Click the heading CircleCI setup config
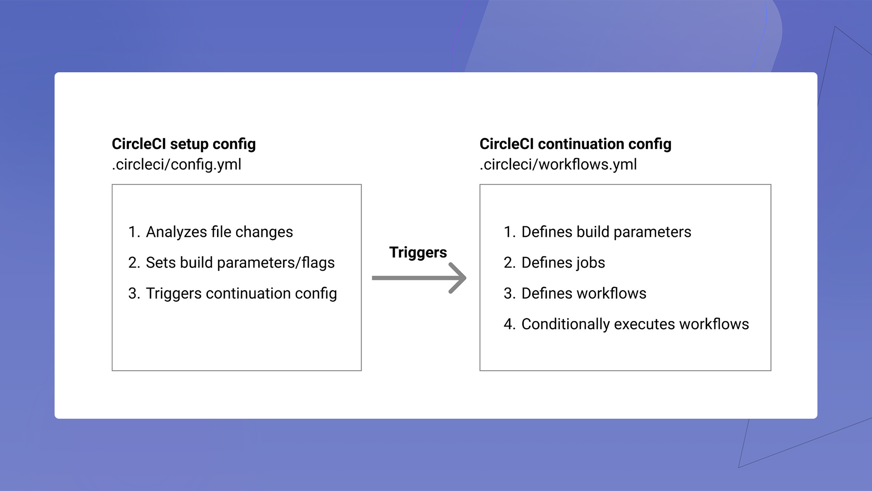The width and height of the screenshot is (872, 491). pos(183,144)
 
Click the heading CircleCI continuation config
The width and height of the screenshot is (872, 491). pos(575,144)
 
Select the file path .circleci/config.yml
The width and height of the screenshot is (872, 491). pos(177,164)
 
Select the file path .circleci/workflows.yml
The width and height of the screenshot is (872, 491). pos(558,164)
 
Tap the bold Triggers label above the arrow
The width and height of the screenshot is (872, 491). pos(418,252)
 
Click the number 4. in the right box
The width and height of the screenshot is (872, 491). pos(509,324)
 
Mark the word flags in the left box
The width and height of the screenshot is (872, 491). pos(318,263)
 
